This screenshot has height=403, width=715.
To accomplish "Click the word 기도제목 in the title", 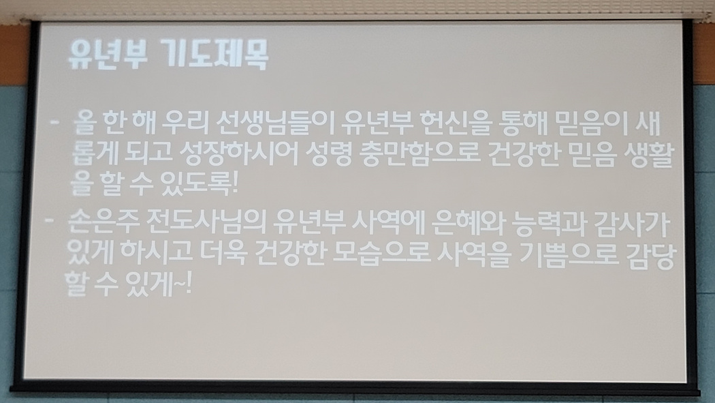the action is coord(216,55).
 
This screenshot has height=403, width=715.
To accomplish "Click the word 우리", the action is coord(187,123).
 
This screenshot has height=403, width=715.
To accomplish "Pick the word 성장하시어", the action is coord(239,154).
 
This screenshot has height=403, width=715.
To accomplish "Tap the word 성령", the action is coord(328,154).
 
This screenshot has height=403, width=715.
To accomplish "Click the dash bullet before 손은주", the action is coord(49,221).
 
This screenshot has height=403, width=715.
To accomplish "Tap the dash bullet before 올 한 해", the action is coord(54,122).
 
